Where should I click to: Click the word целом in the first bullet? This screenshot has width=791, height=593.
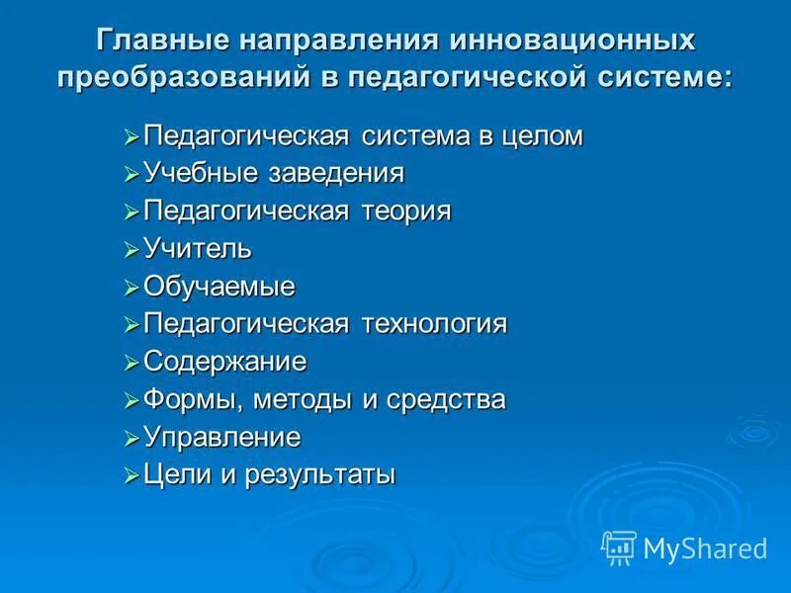[x=542, y=136]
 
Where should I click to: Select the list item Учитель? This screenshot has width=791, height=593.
[x=198, y=249]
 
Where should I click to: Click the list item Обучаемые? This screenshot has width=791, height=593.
[x=220, y=287]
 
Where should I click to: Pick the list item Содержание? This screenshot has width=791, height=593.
[x=225, y=362]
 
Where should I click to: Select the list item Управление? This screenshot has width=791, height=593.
[x=222, y=437]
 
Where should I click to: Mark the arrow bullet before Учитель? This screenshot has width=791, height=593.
[x=132, y=250]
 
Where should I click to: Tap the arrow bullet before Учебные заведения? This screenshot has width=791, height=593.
[x=132, y=175]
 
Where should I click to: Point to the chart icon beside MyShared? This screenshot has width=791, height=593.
[x=619, y=547]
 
